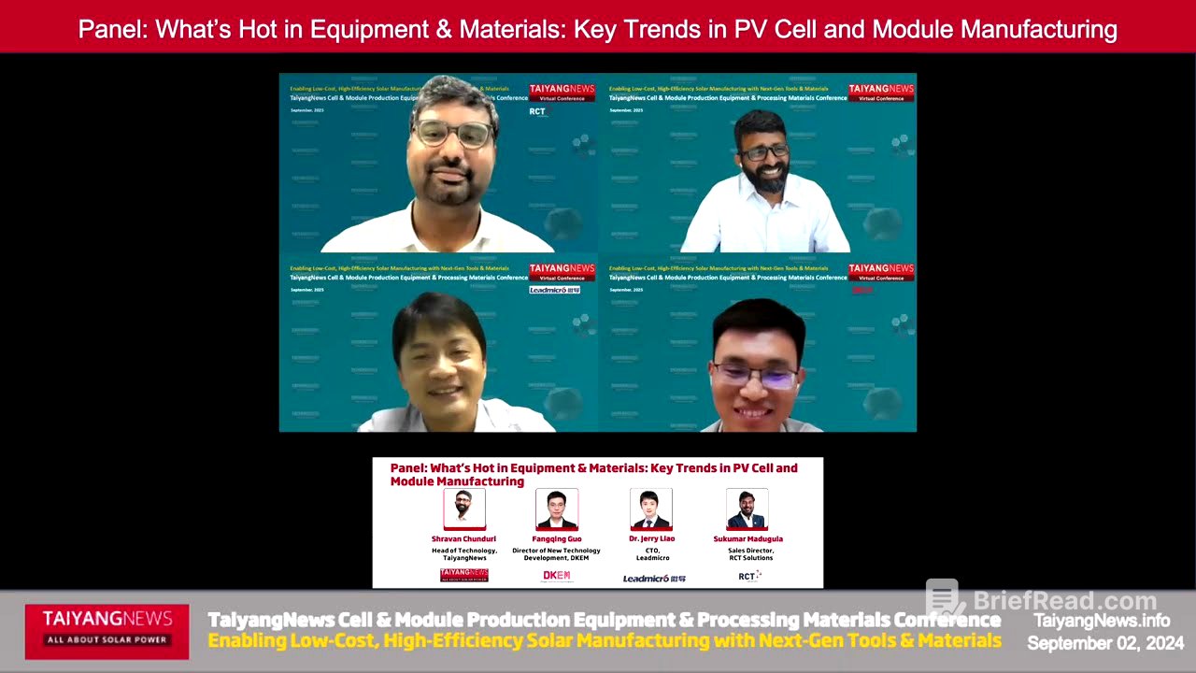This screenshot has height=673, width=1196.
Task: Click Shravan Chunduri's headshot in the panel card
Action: coord(464,508)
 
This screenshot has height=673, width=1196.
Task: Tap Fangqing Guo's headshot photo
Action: coord(557,508)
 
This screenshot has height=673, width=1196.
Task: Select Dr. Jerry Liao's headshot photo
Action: coord(651,508)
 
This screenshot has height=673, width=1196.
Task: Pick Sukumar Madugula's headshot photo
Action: coord(747,508)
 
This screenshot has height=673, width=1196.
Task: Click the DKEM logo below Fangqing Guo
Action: coord(557,576)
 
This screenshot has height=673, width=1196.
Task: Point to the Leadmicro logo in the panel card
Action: coord(654,579)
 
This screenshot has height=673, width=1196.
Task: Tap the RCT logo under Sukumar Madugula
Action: coord(748,576)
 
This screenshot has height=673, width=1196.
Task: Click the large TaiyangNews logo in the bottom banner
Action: coord(107,625)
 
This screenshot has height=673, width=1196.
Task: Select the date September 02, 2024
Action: coord(1105,643)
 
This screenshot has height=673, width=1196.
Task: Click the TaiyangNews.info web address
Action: coord(1101,621)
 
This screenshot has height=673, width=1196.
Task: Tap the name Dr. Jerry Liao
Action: coord(652,539)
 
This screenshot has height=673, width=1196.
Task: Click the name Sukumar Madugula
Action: coord(747,539)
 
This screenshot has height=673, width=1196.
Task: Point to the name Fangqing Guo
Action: coord(558,539)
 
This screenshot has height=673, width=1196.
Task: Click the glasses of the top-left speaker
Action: coord(453,134)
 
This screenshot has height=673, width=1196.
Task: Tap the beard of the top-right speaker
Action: coord(767,178)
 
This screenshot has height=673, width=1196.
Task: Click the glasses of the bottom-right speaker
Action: coord(754,376)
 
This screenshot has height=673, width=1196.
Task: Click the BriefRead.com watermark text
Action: coord(1064,601)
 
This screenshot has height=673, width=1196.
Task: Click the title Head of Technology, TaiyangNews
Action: coord(464,554)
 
